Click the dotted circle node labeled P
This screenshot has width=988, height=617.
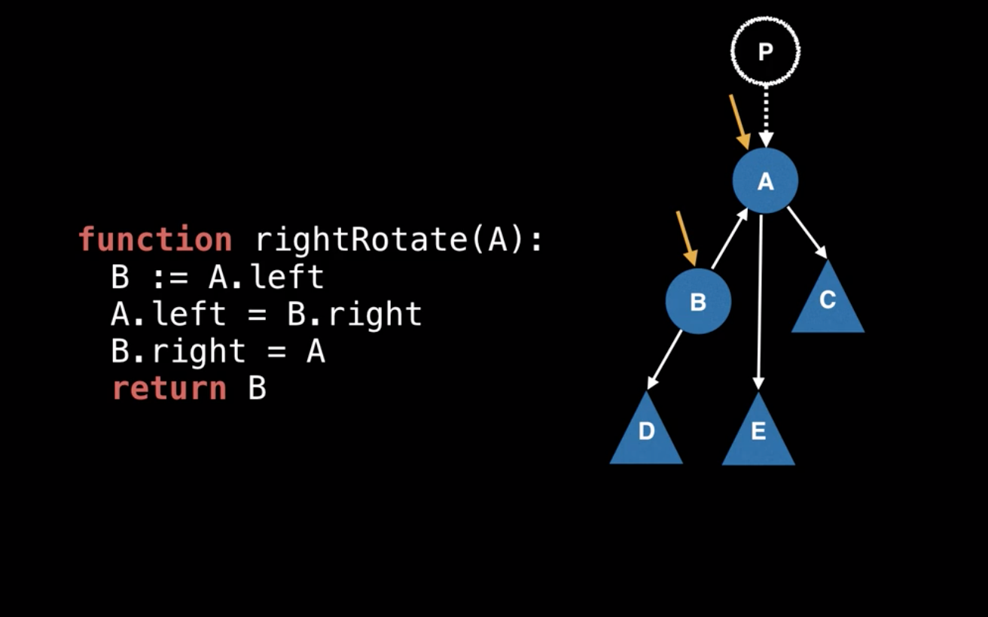click(x=765, y=51)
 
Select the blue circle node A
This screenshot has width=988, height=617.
click(x=765, y=181)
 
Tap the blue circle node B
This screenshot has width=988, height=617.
click(x=698, y=302)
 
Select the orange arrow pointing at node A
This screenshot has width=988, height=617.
click(x=739, y=121)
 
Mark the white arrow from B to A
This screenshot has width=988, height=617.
click(x=729, y=239)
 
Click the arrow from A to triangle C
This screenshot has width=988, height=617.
click(x=807, y=233)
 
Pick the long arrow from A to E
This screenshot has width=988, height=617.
click(x=761, y=301)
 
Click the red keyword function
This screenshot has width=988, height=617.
click(x=155, y=240)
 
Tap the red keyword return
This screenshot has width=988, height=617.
click(x=169, y=389)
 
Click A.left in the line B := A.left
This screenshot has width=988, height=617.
click(x=266, y=277)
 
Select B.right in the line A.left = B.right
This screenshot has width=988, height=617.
click(x=354, y=315)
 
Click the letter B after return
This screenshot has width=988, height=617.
click(x=257, y=389)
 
